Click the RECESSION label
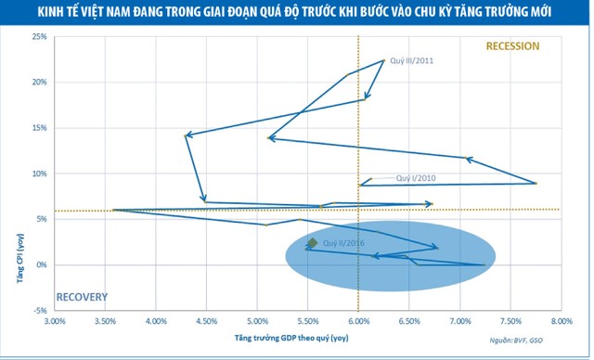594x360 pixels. (512, 46)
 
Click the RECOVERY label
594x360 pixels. (83, 298)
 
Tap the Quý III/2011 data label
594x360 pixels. (411, 61)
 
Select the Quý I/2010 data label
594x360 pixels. (417, 178)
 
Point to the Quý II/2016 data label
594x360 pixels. (343, 242)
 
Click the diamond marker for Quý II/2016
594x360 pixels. (313, 243)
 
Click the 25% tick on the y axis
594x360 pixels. (40, 37)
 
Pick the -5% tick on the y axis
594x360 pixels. (40, 311)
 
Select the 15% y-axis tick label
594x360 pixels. (40, 128)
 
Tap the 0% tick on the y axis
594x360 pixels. (42, 265)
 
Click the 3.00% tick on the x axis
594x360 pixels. (54, 321)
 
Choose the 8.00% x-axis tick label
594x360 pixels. (561, 321)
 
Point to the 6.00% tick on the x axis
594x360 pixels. (358, 321)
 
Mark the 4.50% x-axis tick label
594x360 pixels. (206, 321)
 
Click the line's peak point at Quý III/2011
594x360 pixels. (383, 60)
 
